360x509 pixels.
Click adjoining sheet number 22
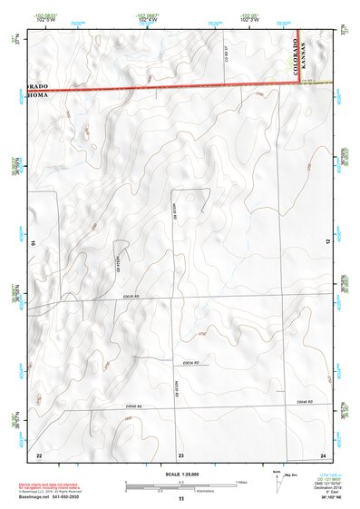(x=38, y=454)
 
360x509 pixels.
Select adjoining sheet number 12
(x=325, y=162)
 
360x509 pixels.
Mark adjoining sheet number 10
(x=34, y=243)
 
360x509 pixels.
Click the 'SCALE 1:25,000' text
(x=180, y=475)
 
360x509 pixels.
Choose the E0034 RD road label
(x=190, y=362)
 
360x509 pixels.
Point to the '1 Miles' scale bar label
(x=241, y=481)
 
